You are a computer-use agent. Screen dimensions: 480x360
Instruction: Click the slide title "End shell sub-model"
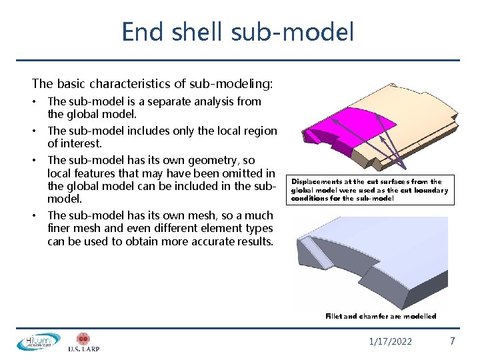coord(237,32)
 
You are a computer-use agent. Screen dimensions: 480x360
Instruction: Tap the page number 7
coord(453,341)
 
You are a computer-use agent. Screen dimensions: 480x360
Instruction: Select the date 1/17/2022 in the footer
coord(391,342)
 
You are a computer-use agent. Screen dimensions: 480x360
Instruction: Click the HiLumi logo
coord(38,341)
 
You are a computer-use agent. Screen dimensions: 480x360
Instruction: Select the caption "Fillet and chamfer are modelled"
coord(381,316)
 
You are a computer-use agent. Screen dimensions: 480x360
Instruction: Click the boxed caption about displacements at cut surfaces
coord(370,189)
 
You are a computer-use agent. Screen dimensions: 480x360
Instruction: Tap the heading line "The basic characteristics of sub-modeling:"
coord(152,84)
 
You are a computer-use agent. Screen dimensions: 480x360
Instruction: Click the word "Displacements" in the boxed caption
coord(318,181)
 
